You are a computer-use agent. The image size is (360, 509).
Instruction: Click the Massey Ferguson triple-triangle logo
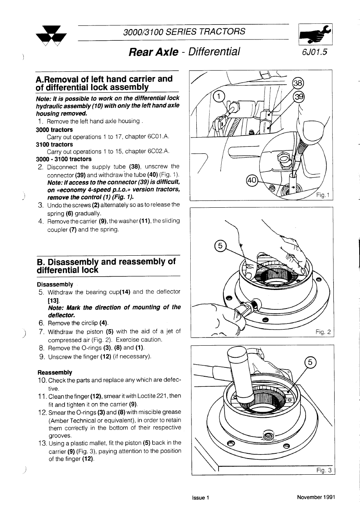(x=51, y=36)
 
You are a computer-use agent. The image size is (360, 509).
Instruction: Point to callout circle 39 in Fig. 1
(x=299, y=96)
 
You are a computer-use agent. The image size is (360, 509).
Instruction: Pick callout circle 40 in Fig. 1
(x=252, y=181)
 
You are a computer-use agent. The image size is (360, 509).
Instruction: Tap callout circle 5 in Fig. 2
(x=220, y=246)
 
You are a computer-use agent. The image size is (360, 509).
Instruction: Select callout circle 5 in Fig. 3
(x=310, y=362)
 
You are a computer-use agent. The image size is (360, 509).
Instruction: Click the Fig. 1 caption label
(x=323, y=195)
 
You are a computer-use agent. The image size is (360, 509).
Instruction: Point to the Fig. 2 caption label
(x=323, y=332)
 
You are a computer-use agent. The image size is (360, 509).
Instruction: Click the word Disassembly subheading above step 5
(x=55, y=284)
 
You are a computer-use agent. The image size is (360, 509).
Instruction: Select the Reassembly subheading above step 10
(x=55, y=372)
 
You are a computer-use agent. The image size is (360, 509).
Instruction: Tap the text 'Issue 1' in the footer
(x=201, y=498)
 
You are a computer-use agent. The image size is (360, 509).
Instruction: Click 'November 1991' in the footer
(x=316, y=497)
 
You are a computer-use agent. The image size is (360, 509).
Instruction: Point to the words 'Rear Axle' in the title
(x=153, y=52)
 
